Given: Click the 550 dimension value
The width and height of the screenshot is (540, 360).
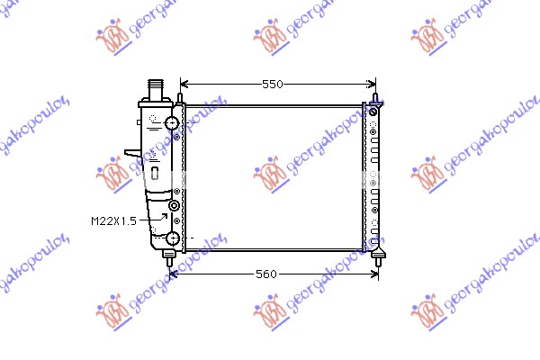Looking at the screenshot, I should pyautogui.click(x=272, y=84).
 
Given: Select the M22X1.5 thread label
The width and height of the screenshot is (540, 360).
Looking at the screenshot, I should pyautogui.click(x=113, y=220).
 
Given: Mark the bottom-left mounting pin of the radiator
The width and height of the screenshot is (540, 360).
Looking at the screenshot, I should pyautogui.click(x=169, y=257).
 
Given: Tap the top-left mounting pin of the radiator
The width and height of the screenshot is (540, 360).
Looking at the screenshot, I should pyautogui.click(x=180, y=94).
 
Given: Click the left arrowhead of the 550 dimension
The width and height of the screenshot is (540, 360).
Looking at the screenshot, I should pyautogui.click(x=184, y=84).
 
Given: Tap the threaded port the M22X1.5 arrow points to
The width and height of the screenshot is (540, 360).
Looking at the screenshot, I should pyautogui.click(x=174, y=206).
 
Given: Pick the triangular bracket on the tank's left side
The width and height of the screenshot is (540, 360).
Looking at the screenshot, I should pyautogui.click(x=133, y=153).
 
